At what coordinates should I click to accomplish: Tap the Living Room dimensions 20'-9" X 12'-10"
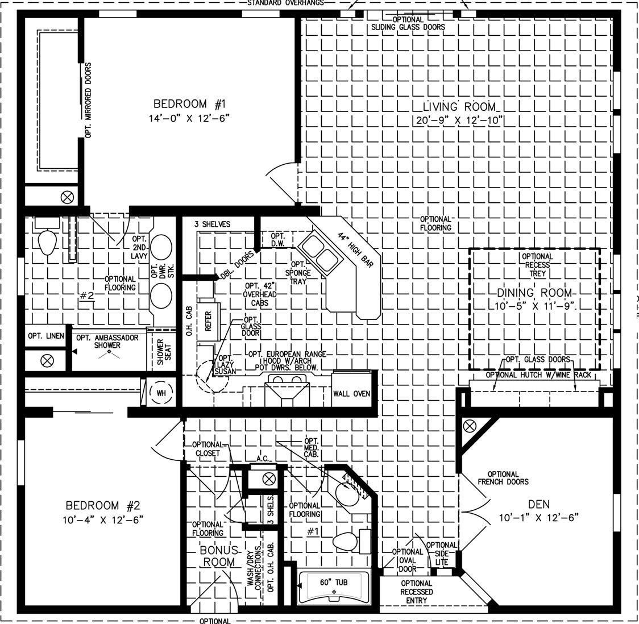click(459, 120)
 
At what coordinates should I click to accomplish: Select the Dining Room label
click(534, 293)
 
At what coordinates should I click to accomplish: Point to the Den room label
click(539, 505)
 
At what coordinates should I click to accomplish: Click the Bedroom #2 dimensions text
click(103, 520)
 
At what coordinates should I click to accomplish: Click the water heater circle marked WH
click(161, 393)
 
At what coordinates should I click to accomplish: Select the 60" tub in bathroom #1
click(334, 586)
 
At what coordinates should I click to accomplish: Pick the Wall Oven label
click(351, 394)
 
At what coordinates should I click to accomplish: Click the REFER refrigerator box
click(208, 321)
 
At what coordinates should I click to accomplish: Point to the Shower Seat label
click(164, 352)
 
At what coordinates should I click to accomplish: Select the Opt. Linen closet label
click(46, 336)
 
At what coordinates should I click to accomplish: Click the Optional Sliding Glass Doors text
click(408, 23)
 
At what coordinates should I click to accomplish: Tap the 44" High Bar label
click(355, 249)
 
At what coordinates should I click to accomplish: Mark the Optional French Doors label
click(503, 478)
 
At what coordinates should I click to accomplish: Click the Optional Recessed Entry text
click(417, 592)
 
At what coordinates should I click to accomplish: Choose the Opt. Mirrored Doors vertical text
click(89, 100)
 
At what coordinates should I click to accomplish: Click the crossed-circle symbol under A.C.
click(268, 479)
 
